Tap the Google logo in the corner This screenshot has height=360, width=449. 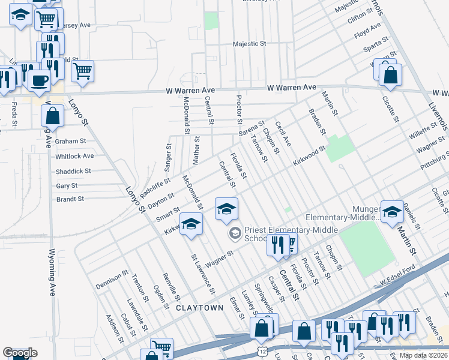tap(20, 353)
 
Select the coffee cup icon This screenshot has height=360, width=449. tap(39, 80)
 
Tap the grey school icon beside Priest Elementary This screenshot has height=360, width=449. tap(235, 232)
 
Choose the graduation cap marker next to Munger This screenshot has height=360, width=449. tap(392, 212)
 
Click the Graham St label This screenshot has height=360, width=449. tap(71, 141)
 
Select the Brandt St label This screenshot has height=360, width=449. tap(70, 199)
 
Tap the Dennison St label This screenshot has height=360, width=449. tap(112, 281)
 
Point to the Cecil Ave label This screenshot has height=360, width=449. tap(283, 134)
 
